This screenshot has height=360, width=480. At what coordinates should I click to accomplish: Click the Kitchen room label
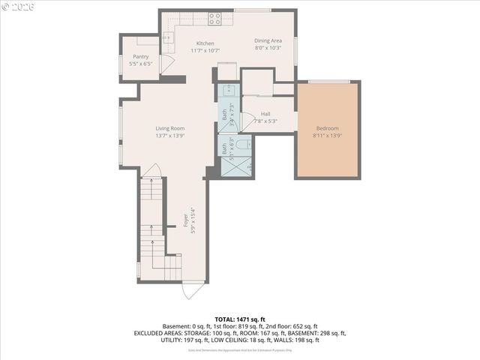(205, 43)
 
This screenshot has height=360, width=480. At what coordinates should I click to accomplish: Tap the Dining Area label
(267, 40)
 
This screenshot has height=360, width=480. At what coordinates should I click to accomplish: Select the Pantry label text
(140, 57)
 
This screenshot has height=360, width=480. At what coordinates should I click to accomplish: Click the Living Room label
(170, 128)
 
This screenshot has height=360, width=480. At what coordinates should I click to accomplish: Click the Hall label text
(265, 114)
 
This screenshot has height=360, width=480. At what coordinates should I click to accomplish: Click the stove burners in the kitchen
(214, 18)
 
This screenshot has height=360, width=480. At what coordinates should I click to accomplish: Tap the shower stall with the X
(235, 167)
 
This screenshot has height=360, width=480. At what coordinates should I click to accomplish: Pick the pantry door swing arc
(166, 63)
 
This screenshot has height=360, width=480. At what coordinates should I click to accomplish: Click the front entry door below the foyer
(193, 289)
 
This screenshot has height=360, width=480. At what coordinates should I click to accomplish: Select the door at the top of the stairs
(152, 171)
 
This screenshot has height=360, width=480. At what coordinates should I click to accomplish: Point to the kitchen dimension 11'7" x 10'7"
(205, 51)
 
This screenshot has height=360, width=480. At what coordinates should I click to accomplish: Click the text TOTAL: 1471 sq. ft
(240, 319)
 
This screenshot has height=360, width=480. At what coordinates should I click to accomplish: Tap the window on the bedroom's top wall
(328, 81)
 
